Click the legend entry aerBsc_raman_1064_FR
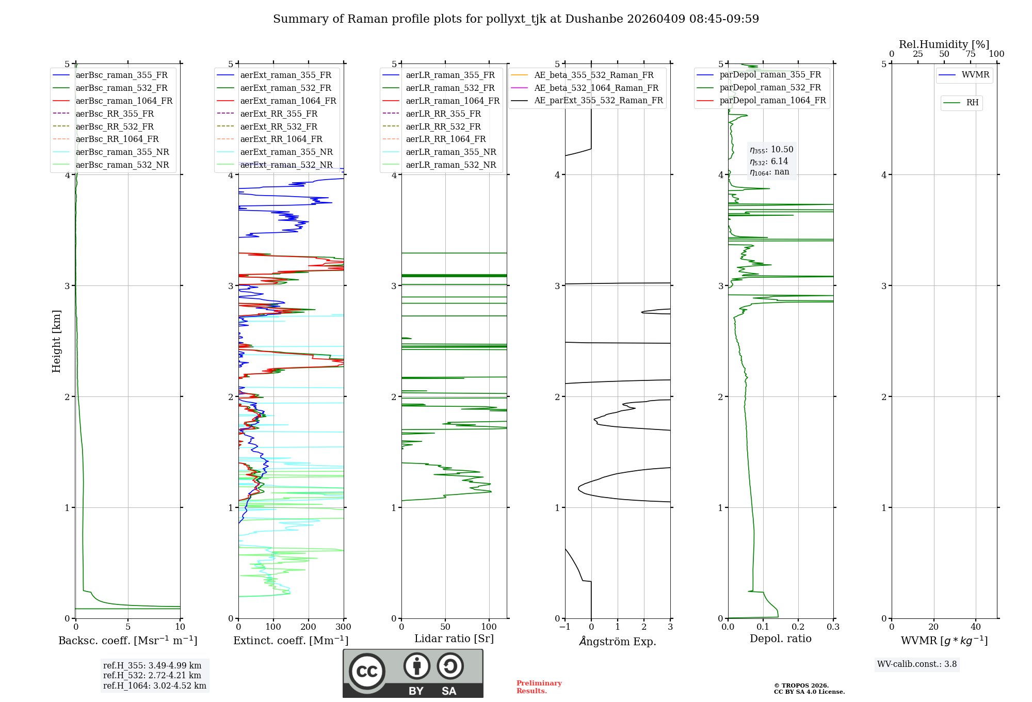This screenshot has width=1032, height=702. (124, 101)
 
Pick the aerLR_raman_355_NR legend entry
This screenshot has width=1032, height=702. (450, 152)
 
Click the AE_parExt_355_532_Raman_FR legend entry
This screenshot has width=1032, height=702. (598, 100)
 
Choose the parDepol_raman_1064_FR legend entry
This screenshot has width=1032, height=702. (772, 100)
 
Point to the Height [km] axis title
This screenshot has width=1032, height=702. (56, 341)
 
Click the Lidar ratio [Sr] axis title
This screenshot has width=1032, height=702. (454, 639)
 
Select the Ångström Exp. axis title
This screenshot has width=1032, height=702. (617, 641)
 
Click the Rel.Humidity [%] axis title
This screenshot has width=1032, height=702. (944, 44)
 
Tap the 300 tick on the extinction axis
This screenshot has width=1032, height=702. (344, 627)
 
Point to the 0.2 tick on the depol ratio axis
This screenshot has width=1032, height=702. (798, 627)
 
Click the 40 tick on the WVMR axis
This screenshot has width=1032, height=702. (976, 627)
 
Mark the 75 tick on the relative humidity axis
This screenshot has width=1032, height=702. (970, 54)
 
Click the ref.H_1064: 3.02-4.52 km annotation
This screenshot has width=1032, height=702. (154, 685)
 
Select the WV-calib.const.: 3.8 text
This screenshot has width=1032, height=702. (916, 664)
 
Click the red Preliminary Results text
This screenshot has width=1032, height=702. (539, 687)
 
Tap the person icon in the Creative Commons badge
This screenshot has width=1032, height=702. (416, 666)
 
